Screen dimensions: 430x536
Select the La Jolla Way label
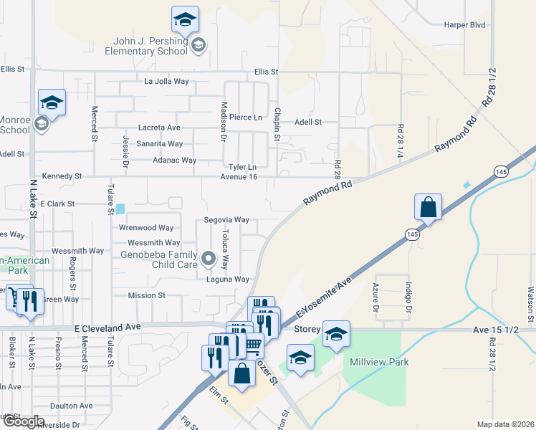166,81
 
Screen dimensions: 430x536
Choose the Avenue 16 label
238,176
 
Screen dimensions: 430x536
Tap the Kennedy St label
62,176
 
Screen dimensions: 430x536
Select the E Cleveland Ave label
107,327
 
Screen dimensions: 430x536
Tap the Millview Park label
379,362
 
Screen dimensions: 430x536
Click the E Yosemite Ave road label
324,295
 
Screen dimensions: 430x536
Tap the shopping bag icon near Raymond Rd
428,207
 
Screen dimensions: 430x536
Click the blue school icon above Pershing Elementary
185,19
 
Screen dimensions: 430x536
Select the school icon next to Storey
336,334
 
